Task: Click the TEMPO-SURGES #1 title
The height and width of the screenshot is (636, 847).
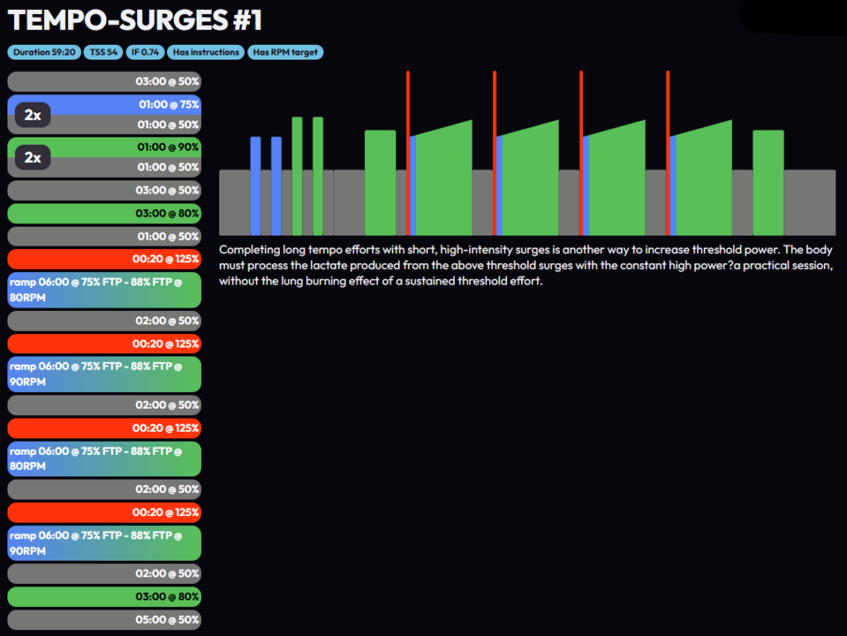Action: [x=135, y=20]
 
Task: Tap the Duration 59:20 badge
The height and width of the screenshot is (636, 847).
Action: [x=45, y=52]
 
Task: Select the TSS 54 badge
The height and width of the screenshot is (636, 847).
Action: [x=103, y=52]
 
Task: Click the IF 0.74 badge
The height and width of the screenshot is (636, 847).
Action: [x=145, y=52]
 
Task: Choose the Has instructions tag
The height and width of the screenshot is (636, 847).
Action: [x=205, y=52]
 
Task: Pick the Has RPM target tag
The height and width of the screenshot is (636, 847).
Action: [x=285, y=52]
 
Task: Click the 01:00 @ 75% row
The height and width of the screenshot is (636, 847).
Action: [x=124, y=104]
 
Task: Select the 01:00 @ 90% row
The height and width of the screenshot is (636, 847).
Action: [x=124, y=146]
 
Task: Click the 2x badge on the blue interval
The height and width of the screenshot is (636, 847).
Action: [x=33, y=115]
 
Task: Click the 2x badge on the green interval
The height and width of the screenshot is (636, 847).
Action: [x=33, y=157]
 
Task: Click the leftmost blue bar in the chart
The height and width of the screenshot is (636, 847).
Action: [x=256, y=186]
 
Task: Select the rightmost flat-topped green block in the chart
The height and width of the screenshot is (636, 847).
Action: [x=768, y=182]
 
